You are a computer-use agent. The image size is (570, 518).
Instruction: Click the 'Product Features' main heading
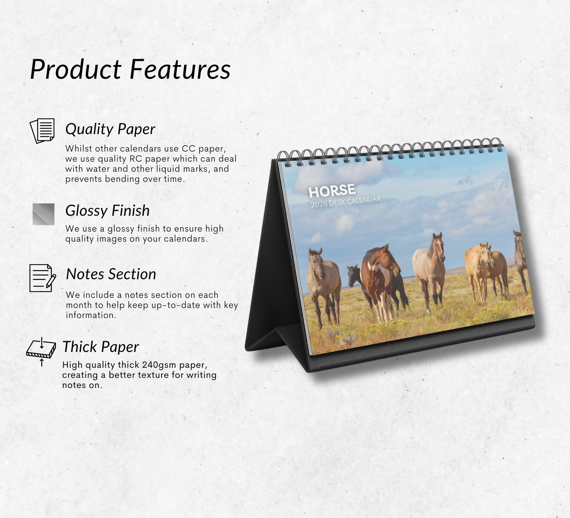tap(130, 70)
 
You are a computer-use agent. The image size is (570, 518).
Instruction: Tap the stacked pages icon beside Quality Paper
tap(42, 131)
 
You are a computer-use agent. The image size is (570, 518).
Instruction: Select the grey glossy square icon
tap(43, 214)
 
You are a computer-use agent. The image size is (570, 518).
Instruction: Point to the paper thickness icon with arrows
tap(41, 351)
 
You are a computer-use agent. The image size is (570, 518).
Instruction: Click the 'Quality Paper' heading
tap(110, 129)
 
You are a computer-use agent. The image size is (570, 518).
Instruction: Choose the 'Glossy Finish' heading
tap(107, 211)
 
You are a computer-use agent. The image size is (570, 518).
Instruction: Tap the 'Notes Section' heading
tap(111, 274)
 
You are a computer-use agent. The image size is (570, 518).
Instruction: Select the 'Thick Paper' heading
tap(100, 347)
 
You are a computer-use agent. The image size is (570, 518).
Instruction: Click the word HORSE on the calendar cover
tap(332, 191)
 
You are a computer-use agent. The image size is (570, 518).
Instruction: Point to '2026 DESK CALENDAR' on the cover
tap(346, 202)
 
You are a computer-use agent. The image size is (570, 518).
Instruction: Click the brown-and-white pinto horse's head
tap(388, 259)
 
